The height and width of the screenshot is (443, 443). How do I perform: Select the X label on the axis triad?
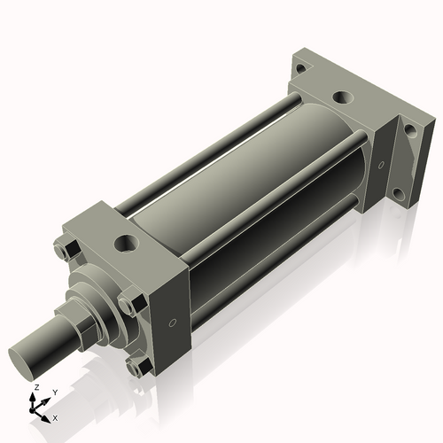tap(55, 416)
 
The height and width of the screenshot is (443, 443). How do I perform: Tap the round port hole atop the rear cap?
tap(339, 98)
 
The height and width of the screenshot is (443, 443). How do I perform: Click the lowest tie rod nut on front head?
tap(135, 366)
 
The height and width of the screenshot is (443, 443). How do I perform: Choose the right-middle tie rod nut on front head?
tap(128, 305)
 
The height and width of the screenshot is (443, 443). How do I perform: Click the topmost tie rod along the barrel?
tap(213, 142)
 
